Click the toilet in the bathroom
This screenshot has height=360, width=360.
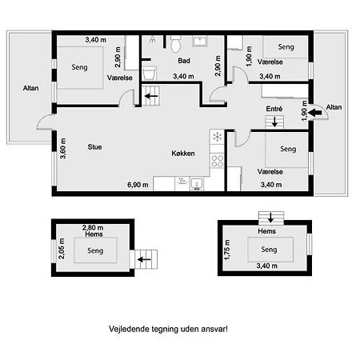[175, 43]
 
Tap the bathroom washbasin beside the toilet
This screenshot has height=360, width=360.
[200, 42]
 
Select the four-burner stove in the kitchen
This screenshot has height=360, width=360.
[217, 161]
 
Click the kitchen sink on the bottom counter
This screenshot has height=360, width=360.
[197, 184]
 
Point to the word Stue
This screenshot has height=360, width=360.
[94, 147]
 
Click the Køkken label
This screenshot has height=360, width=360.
[183, 154]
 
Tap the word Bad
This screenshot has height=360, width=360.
[184, 61]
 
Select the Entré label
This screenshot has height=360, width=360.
[274, 109]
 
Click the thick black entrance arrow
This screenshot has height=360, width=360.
[314, 113]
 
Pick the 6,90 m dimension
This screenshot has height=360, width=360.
[138, 185]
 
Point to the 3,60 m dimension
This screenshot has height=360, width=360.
[63, 148]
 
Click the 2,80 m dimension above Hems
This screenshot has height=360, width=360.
[93, 228]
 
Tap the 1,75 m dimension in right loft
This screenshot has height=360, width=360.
[227, 250]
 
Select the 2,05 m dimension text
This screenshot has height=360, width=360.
[62, 249]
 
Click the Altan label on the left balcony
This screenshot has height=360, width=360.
[30, 88]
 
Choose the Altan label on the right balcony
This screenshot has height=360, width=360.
[334, 107]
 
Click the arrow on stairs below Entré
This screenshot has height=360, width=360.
[274, 122]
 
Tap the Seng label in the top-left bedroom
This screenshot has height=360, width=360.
[79, 67]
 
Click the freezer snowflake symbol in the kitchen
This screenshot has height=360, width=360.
[217, 137]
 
